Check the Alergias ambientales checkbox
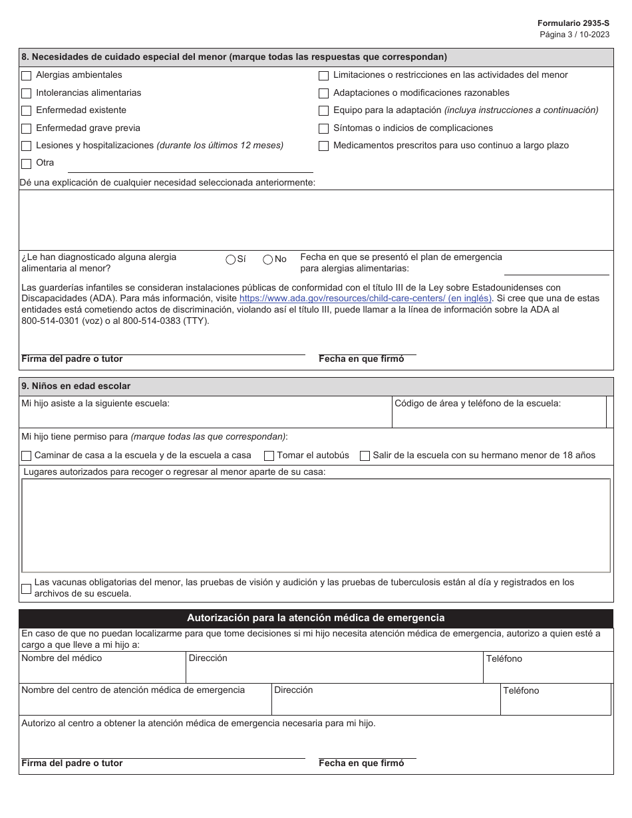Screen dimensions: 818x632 [x=27, y=76]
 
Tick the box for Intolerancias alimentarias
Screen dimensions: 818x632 [x=27, y=93]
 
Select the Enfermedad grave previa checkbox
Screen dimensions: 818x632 [x=27, y=128]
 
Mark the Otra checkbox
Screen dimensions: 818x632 [x=27, y=164]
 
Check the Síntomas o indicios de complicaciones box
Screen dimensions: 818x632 [x=324, y=128]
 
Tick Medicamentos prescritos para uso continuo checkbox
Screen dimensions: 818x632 [x=324, y=146]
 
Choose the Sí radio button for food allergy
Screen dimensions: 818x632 [x=231, y=259]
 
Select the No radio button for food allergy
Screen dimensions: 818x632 [x=268, y=259]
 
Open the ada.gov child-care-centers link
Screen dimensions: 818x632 [x=365, y=299]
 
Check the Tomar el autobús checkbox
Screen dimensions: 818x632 [x=269, y=456]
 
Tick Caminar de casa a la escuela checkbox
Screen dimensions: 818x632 [x=27, y=456]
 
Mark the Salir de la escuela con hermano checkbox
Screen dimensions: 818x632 [x=365, y=456]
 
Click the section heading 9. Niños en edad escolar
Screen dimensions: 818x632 [x=77, y=386]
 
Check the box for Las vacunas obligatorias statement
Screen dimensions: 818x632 [x=27, y=588]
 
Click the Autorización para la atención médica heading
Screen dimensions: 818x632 [x=316, y=618]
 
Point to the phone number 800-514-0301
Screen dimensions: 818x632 [x=49, y=321]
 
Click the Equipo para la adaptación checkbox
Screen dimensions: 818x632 [x=324, y=110]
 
